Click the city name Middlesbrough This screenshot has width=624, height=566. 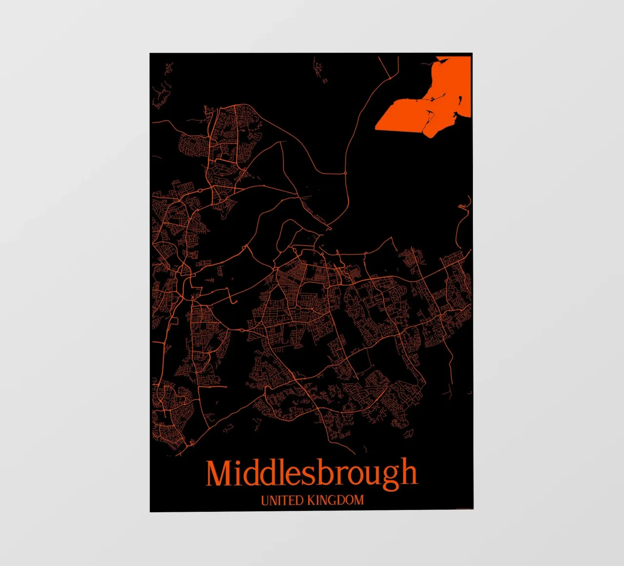coord(312,474)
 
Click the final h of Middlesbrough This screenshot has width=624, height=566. coord(409,472)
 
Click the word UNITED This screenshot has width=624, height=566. coord(282,500)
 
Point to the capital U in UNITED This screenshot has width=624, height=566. coord(265,500)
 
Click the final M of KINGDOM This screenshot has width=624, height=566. coord(358,500)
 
